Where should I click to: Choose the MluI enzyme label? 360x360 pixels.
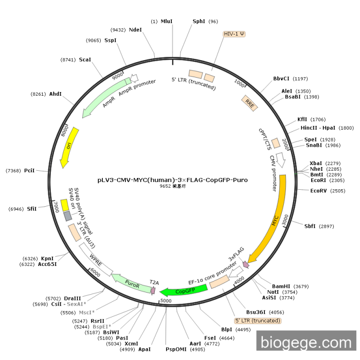click(x=167, y=22)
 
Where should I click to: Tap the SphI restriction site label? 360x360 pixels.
click(x=199, y=22)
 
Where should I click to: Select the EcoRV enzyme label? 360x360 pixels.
click(x=320, y=190)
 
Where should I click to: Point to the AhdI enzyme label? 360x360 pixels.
click(x=55, y=94)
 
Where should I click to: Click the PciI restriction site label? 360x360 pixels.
click(x=29, y=170)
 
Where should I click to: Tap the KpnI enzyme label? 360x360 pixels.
click(x=47, y=258)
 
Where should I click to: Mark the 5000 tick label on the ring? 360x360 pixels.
click(x=166, y=300)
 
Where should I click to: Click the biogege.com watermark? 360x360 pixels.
click(x=305, y=343)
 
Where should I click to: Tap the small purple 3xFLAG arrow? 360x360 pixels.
click(x=245, y=264)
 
